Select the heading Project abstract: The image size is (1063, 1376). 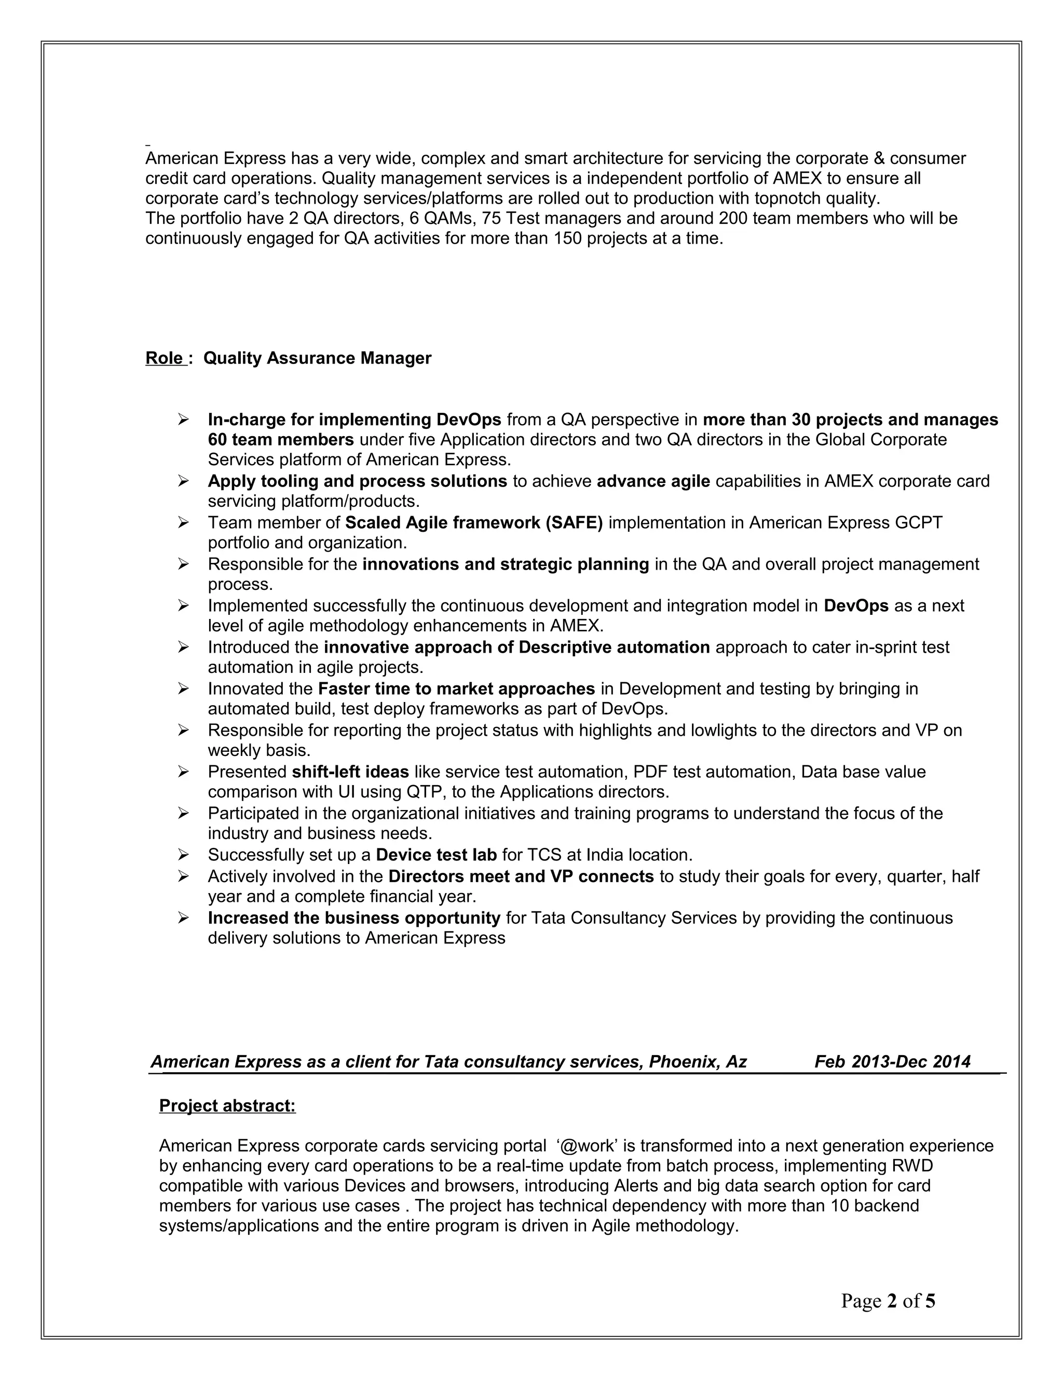(227, 1105)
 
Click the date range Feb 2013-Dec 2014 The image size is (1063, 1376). (892, 1062)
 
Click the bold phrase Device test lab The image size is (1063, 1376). (436, 855)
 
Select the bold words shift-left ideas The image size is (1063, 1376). (350, 772)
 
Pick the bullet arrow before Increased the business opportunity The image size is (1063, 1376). (183, 918)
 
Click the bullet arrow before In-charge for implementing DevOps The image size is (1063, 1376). (183, 419)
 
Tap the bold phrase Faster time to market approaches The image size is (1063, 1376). (457, 689)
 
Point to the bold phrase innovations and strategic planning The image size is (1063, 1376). (505, 564)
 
